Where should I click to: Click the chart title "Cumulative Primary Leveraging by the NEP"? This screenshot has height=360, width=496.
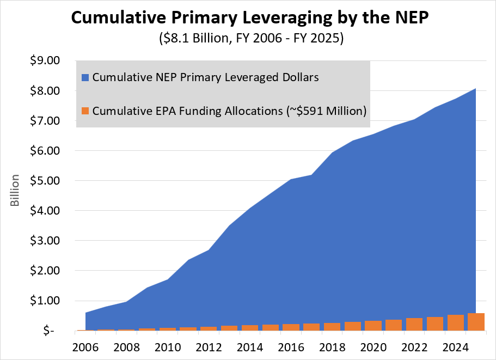click(248, 19)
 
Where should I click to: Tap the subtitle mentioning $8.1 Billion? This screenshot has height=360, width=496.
click(248, 40)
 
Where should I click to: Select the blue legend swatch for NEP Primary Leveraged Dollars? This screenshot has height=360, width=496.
click(85, 77)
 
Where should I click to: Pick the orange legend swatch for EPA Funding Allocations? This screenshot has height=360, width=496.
click(85, 111)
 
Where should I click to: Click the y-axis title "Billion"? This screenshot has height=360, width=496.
click(15, 191)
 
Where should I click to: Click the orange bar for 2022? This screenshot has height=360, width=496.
click(414, 325)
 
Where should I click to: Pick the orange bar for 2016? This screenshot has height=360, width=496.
click(291, 327)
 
